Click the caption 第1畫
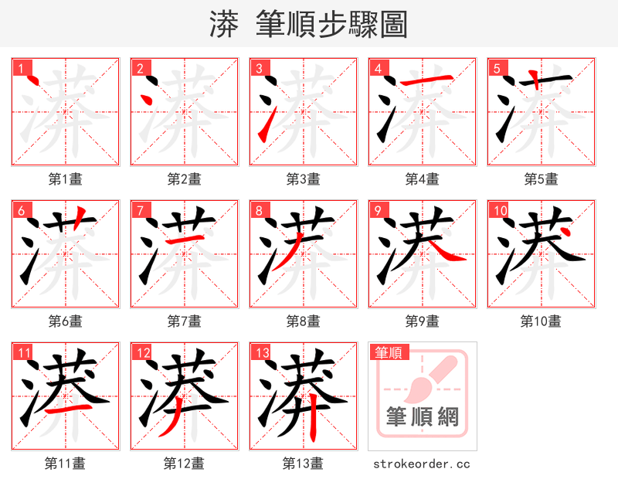pos(66,179)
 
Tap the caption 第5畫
pos(541,179)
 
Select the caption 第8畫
pos(303,321)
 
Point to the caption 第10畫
pos(541,321)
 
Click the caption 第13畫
pos(303,464)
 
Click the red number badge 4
pos(377,68)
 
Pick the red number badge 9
pos(377,210)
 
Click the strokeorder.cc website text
pos(422,464)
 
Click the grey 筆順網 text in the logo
pos(422,417)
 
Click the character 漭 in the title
pos(224,24)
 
